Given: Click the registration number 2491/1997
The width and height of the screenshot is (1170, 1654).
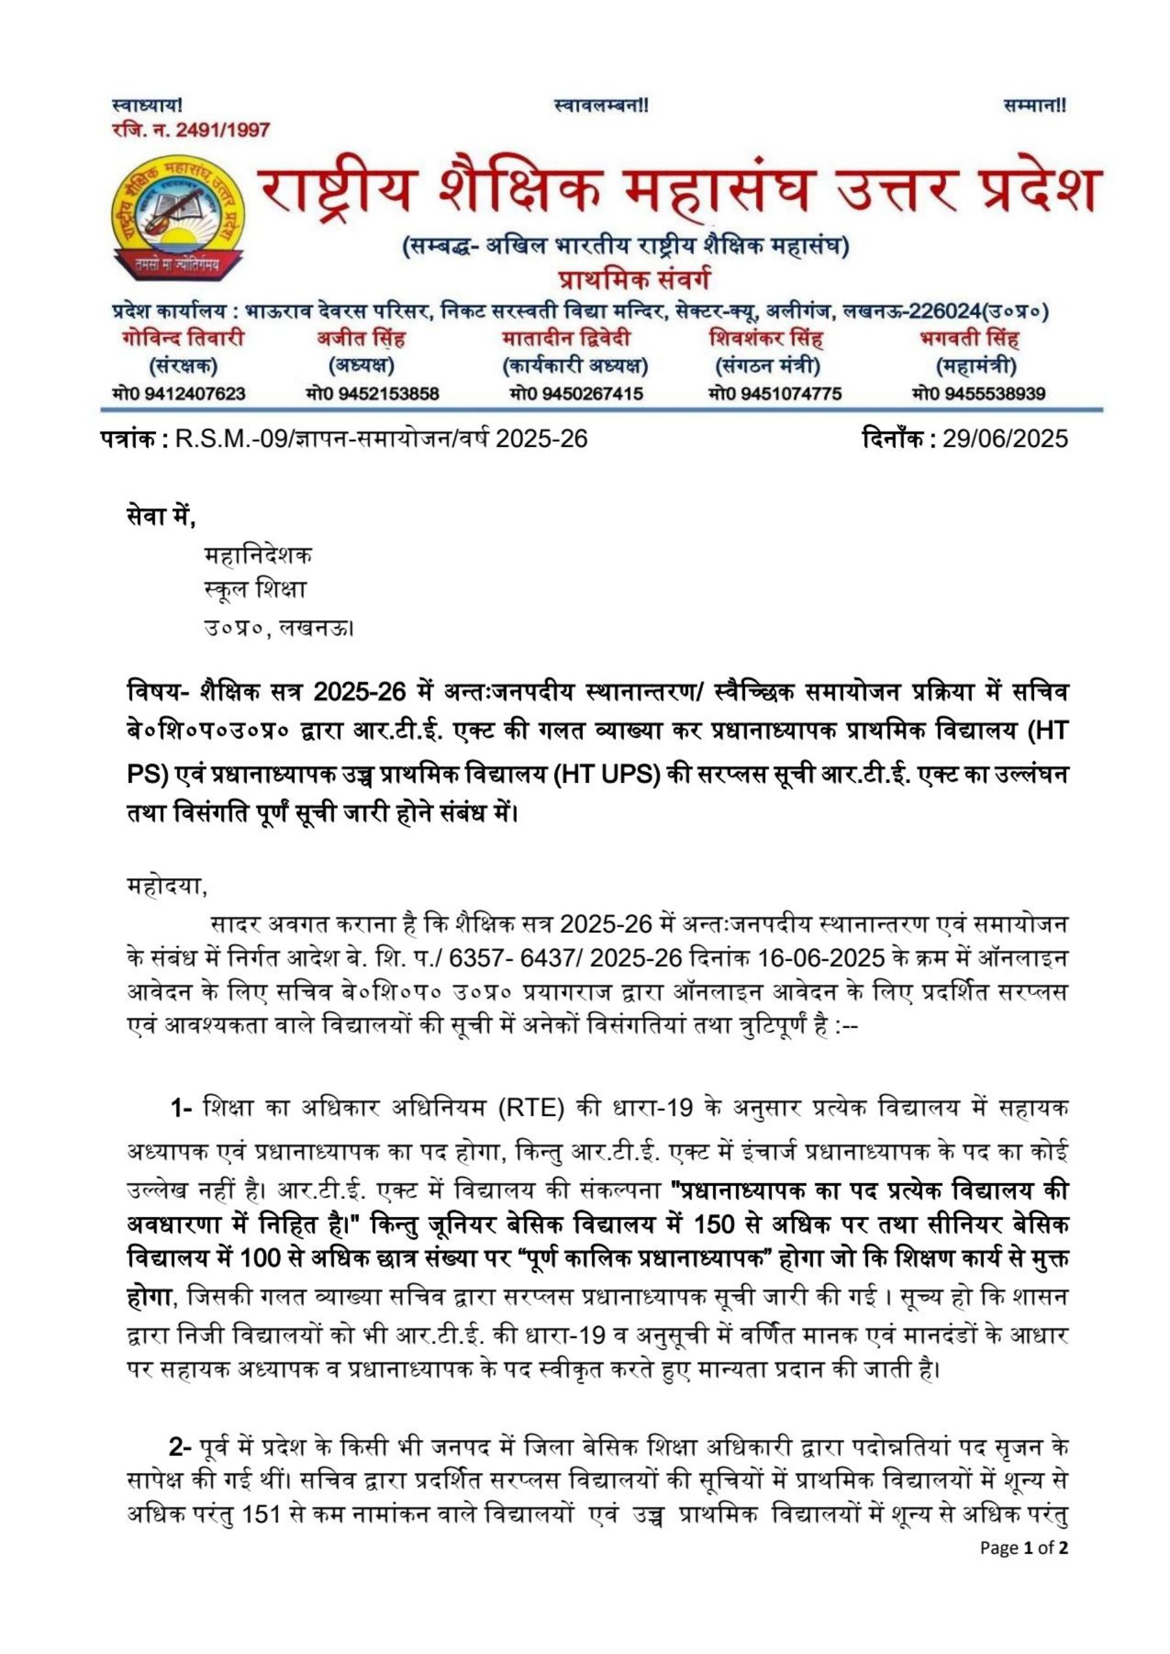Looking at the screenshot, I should point(222,131).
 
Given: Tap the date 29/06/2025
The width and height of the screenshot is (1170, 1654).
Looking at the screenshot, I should point(1005,438).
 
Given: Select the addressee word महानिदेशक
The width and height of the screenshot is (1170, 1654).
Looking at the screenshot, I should point(258,555).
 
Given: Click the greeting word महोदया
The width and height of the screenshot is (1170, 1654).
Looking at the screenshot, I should point(166,886).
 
